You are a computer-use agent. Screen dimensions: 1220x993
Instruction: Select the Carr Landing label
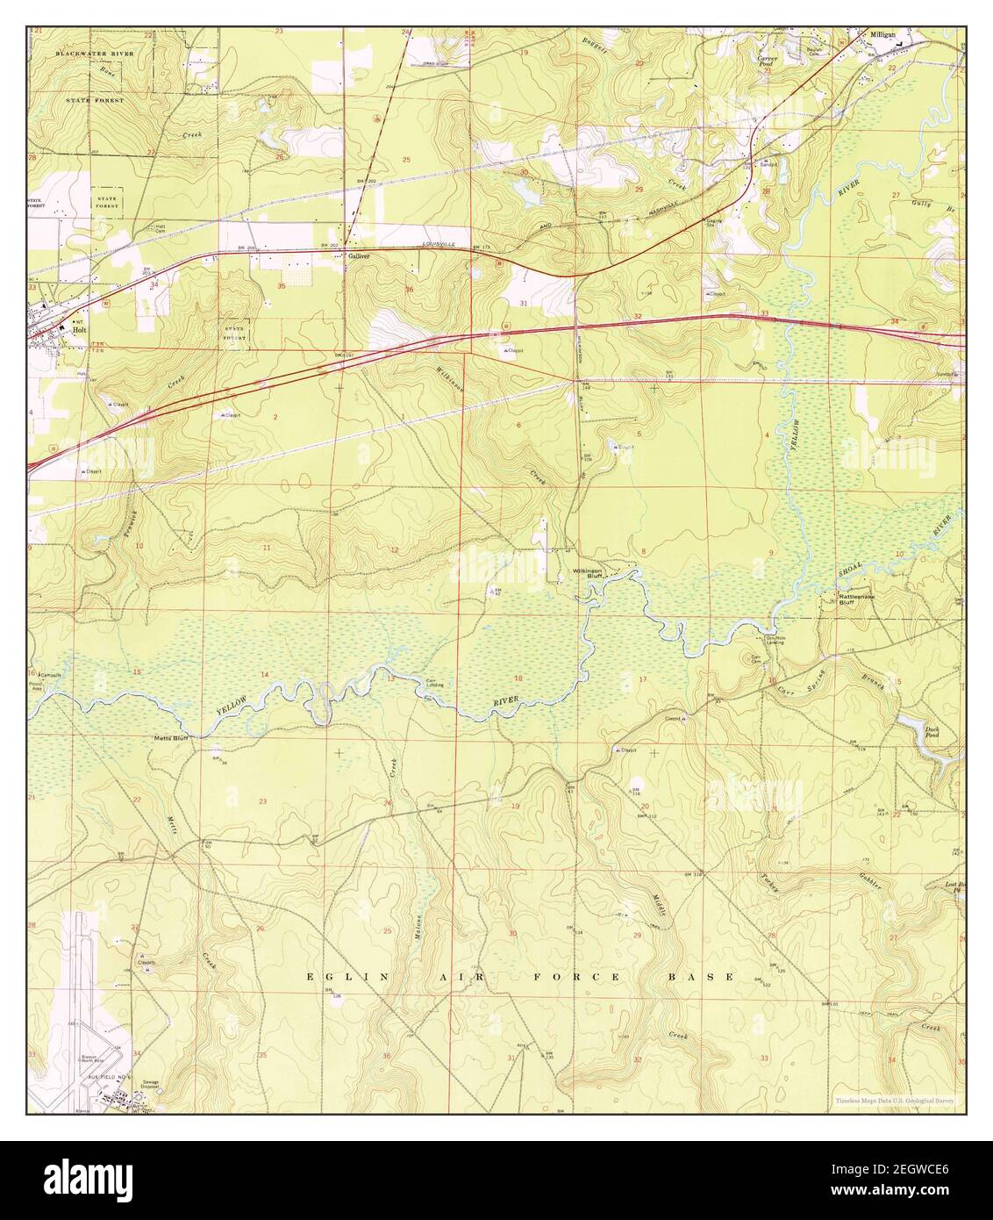(x=434, y=684)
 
